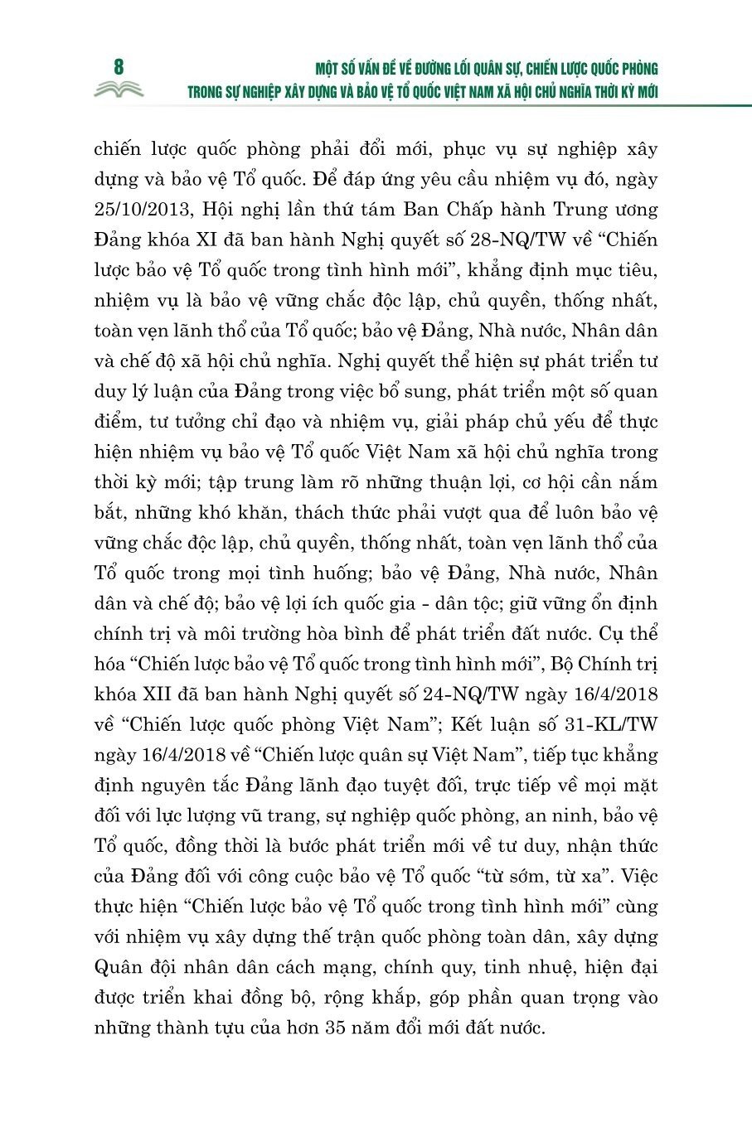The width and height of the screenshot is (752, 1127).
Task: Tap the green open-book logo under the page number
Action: pyautogui.click(x=119, y=89)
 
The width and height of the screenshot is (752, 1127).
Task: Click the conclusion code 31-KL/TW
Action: pyautogui.click(x=608, y=724)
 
